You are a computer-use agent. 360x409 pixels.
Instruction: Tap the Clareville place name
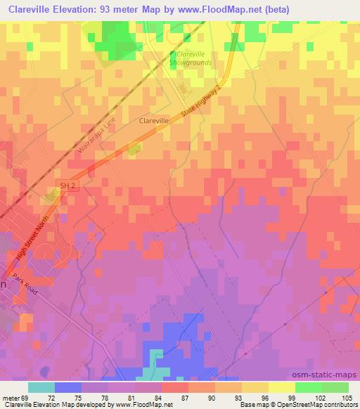coord(154,121)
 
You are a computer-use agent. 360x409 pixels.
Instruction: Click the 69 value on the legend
coord(28,397)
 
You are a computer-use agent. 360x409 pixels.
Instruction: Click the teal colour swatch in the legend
coord(41,387)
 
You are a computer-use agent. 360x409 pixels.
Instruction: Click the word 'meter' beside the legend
coord(12,397)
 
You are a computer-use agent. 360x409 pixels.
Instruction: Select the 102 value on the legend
coord(322,397)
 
